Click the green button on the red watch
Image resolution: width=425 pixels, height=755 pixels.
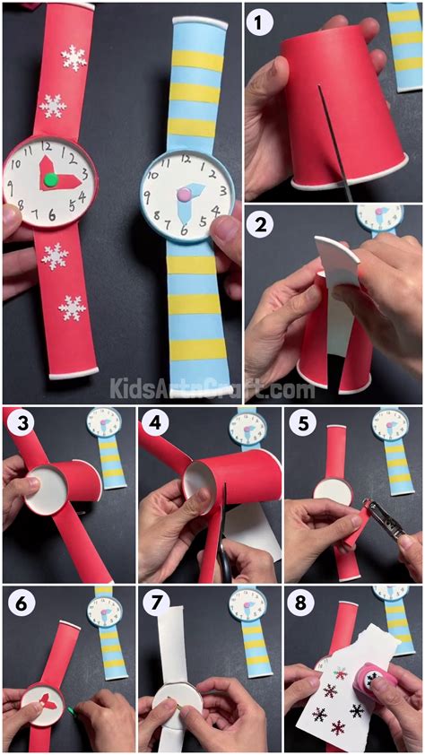[x=51, y=179]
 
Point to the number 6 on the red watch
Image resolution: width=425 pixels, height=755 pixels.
[x=52, y=214]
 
